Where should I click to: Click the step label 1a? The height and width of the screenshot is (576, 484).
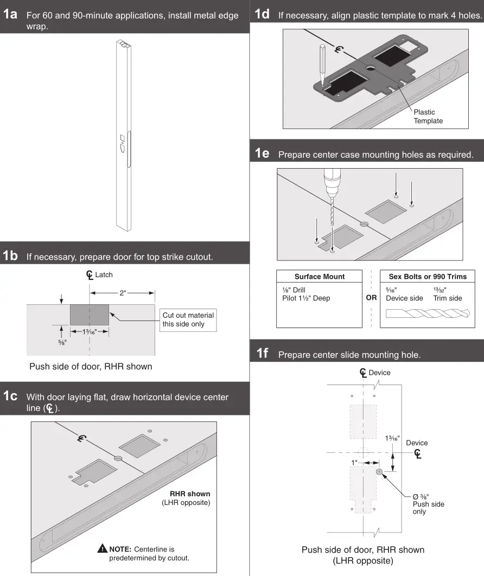click(11, 15)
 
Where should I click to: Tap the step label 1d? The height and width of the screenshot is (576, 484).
click(263, 15)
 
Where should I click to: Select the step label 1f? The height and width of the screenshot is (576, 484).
click(263, 354)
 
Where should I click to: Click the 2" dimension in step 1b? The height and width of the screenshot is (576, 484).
click(123, 293)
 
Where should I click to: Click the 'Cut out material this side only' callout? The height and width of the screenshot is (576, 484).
click(188, 319)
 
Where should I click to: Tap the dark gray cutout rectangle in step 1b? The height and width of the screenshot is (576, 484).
click(90, 315)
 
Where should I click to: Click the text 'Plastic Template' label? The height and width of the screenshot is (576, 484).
click(428, 116)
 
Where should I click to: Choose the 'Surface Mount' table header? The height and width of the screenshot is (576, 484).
click(319, 277)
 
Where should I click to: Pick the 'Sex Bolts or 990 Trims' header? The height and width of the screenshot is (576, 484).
click(428, 277)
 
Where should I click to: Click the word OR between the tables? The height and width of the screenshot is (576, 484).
click(371, 298)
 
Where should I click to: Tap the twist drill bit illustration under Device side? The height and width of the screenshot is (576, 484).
click(428, 313)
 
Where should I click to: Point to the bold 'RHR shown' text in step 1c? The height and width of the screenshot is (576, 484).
click(190, 494)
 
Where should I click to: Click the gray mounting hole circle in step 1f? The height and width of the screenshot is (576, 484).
click(379, 472)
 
